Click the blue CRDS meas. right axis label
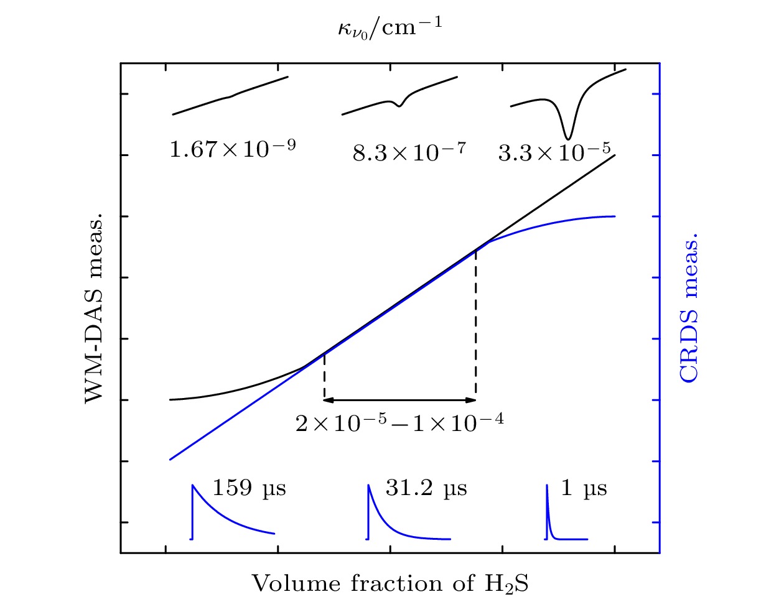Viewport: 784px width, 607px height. pyautogui.click(x=689, y=307)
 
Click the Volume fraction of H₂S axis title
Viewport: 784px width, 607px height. pyautogui.click(x=390, y=584)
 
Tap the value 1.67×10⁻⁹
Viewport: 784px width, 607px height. pyautogui.click(x=232, y=149)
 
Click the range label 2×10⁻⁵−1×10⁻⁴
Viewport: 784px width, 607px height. pyautogui.click(x=399, y=423)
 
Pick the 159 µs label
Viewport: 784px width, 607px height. pyautogui.click(x=249, y=488)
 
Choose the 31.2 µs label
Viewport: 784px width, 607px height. pyautogui.click(x=426, y=488)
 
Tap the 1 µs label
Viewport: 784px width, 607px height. pyautogui.click(x=583, y=488)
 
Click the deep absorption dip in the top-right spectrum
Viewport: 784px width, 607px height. pyautogui.click(x=567, y=136)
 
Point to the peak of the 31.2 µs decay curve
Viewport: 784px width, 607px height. pyautogui.click(x=368, y=486)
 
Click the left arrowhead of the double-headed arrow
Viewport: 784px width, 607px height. pyautogui.click(x=328, y=400)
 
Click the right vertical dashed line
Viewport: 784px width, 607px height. pyautogui.click(x=476, y=323)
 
